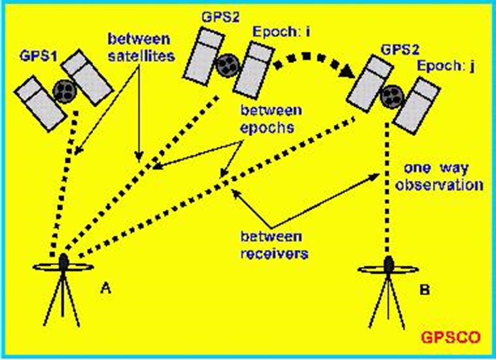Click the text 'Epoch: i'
tap(281, 32)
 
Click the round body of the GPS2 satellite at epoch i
tap(226, 65)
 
